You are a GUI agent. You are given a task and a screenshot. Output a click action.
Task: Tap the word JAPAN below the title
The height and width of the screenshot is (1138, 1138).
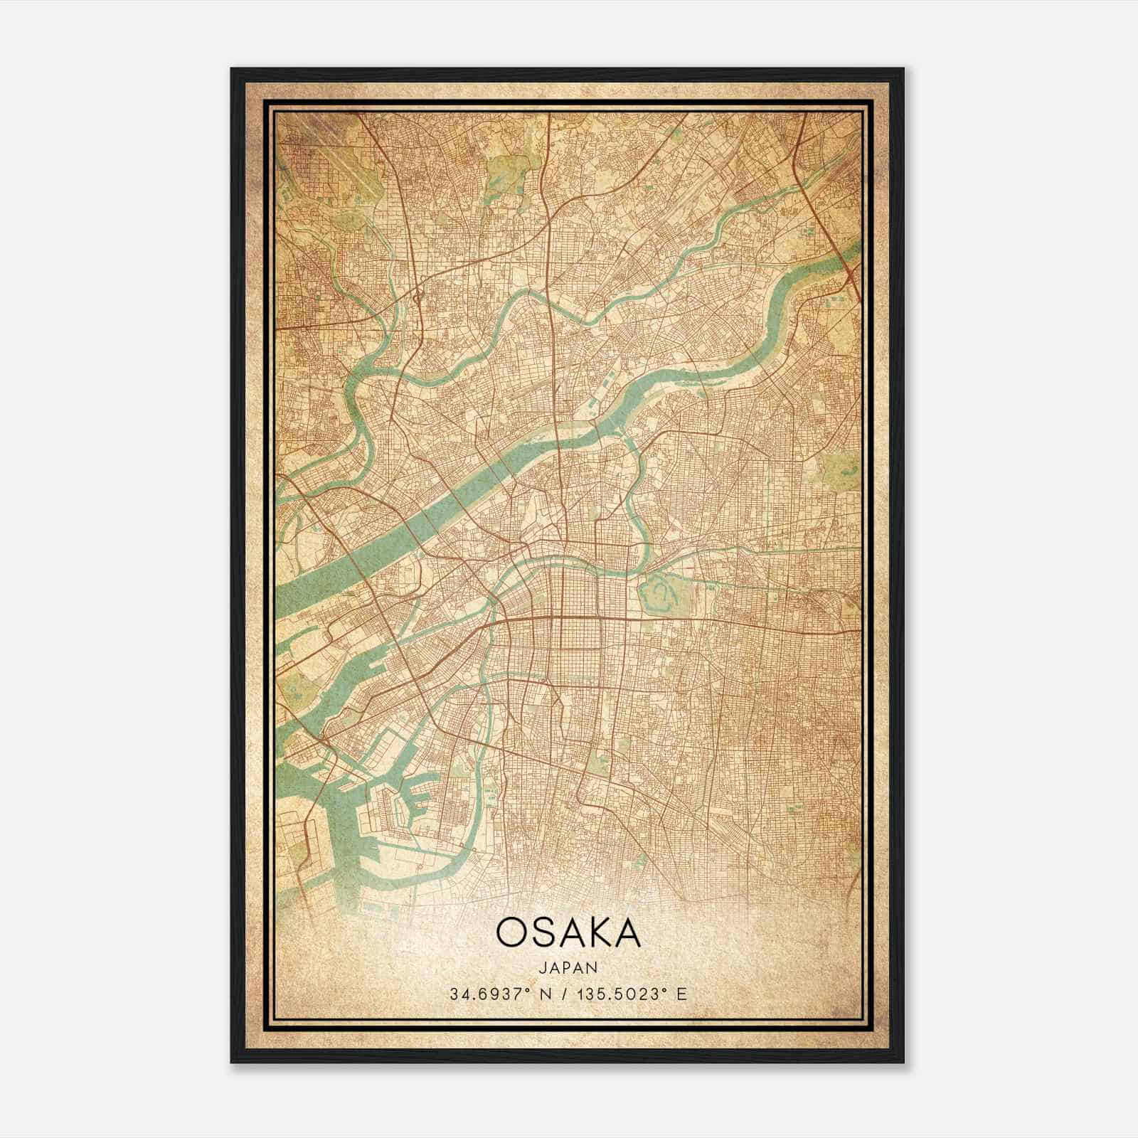(x=568, y=967)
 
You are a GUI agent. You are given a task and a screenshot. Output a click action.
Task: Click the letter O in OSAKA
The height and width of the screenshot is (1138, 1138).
(x=513, y=932)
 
